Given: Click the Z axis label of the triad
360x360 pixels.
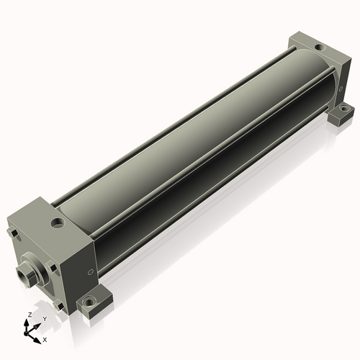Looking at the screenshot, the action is (30, 315).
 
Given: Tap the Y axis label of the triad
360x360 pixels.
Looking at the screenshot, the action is (45, 319).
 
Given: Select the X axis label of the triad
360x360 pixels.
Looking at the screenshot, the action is (45, 340).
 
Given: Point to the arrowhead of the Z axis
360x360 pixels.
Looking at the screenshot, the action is (26, 323).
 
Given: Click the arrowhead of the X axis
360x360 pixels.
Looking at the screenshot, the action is (37, 341).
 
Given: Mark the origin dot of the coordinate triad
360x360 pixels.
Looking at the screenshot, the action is (25, 333).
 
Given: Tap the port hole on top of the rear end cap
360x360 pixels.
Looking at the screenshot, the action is (319, 48).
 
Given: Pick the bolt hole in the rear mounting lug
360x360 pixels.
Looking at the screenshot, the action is (344, 109).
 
